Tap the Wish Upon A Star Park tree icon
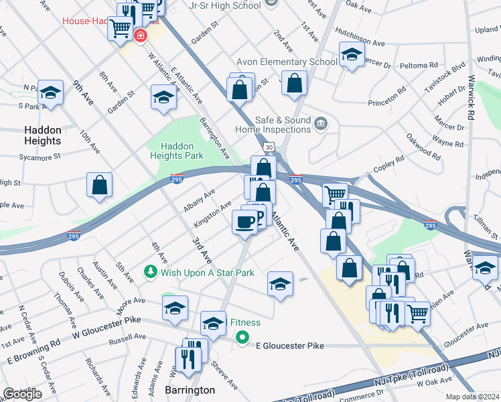pos(151,273)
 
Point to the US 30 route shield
pos(268,145)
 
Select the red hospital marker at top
pos(141,36)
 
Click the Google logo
pos(22,394)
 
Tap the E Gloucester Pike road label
pos(290,346)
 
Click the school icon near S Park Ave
pos(50,93)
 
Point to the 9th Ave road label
pos(84,92)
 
